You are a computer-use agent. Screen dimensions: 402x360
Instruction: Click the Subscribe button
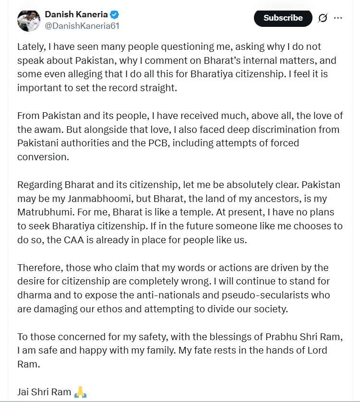click(283, 18)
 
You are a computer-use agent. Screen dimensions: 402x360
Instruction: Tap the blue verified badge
click(115, 14)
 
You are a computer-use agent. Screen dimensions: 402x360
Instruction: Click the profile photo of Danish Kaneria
click(28, 20)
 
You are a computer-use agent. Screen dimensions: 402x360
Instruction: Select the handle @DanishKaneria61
click(82, 26)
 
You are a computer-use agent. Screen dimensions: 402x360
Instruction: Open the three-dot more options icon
click(338, 18)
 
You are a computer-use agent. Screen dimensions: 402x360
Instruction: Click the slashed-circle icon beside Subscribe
click(323, 18)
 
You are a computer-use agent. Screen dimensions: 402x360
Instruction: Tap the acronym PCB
click(163, 143)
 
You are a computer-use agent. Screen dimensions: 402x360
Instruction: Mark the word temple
click(172, 212)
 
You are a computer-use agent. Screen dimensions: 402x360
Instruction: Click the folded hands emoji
click(80, 392)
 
